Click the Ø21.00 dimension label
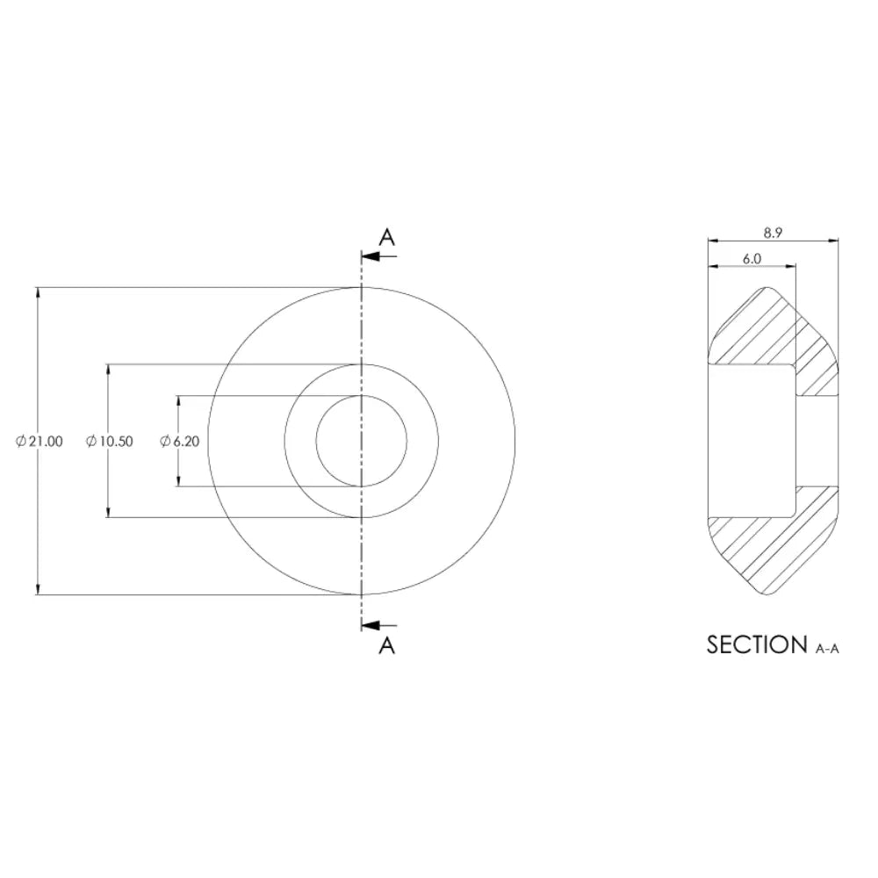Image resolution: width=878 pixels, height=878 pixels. click(x=40, y=442)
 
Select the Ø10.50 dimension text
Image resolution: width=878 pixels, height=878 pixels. click(x=110, y=442)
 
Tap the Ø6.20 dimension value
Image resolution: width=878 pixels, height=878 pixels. click(x=180, y=442)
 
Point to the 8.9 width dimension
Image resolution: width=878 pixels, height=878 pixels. click(x=773, y=233)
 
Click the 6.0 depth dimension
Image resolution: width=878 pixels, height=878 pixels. click(x=752, y=259)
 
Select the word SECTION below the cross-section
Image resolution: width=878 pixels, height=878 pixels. click(x=757, y=645)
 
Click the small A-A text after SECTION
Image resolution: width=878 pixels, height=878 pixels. click(x=827, y=649)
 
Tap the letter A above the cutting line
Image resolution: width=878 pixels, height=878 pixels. click(x=387, y=237)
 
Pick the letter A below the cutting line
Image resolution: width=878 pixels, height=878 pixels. click(x=387, y=645)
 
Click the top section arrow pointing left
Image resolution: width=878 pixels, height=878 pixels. click(x=379, y=256)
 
